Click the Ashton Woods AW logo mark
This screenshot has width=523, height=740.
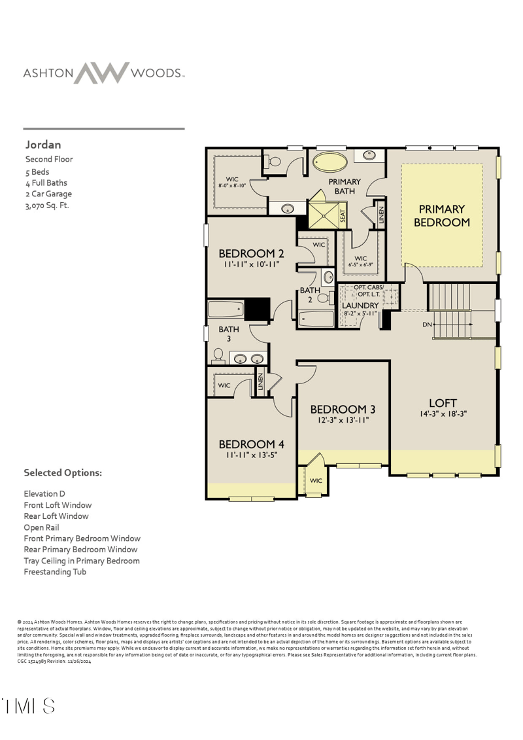pos(101,73)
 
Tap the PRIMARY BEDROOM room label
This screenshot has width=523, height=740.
pos(442,216)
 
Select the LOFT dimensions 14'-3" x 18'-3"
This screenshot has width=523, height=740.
pos(443,414)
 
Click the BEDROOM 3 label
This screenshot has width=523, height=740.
pos(343,410)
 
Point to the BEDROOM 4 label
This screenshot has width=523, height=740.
pos(251,444)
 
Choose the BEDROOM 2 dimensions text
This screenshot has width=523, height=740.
pos(251,265)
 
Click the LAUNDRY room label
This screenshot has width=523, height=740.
pos(360,306)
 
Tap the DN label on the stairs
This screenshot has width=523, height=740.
pos(428,325)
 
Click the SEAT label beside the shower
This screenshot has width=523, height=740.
pos(343,217)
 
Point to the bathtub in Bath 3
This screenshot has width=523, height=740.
pos(226,309)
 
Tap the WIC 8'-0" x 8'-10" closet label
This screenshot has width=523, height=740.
pos(232,182)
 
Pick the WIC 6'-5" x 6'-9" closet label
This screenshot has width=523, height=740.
pos(361,262)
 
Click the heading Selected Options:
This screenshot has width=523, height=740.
pos(63,472)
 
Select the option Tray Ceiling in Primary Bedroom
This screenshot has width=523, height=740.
pos(82,561)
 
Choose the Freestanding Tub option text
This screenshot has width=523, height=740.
pos(55,572)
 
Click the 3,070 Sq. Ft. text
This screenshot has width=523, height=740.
pos(47,205)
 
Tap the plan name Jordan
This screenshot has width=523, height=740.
pos(43,145)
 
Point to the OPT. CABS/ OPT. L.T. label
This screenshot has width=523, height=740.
pos(369,291)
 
